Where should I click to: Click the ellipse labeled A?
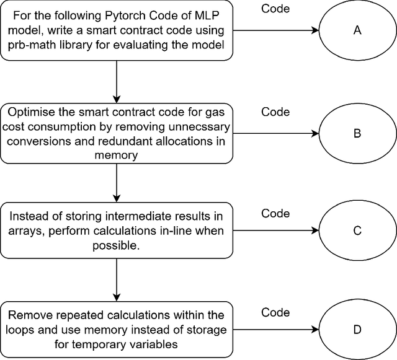[357, 30]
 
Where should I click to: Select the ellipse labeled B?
[357, 132]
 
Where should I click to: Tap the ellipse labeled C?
[357, 231]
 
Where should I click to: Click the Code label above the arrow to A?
[275, 10]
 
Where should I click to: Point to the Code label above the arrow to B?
[275, 112]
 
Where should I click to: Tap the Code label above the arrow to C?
[275, 214]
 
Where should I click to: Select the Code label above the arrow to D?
[275, 313]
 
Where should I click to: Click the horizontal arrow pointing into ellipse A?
[276, 30]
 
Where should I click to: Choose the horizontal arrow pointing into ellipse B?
[276, 132]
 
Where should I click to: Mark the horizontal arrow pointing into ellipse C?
[276, 231]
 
